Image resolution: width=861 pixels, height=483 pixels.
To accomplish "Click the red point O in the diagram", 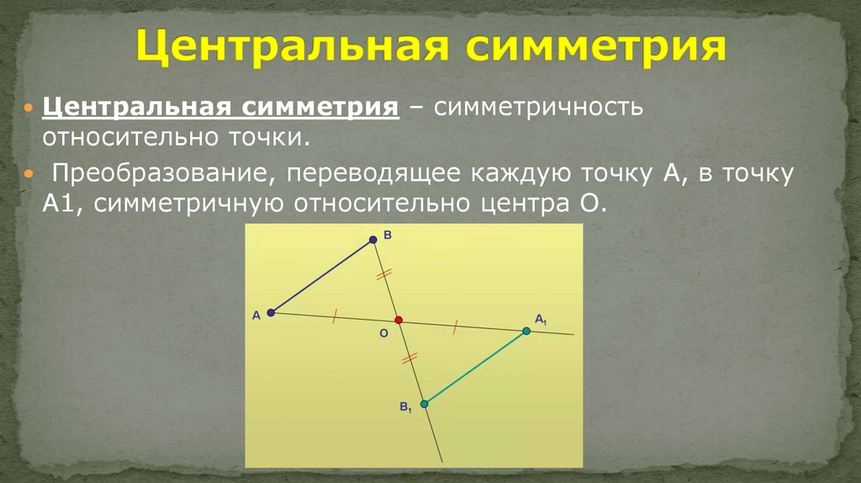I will [399, 320].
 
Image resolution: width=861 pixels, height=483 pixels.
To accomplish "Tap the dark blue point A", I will [271, 313].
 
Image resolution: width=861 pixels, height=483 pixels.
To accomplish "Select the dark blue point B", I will [373, 240].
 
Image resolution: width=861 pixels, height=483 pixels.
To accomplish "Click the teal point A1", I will [526, 332].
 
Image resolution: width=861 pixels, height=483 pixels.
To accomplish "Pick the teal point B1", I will [424, 404].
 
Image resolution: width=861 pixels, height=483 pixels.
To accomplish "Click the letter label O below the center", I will [383, 334].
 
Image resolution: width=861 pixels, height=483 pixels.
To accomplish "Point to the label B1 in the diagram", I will [405, 408].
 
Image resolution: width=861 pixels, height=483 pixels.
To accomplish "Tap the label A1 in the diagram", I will [541, 319].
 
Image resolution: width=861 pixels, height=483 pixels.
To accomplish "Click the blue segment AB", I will [322, 276].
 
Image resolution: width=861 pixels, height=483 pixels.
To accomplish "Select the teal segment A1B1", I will [475, 368].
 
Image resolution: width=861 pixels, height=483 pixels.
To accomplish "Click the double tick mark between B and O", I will [384, 274].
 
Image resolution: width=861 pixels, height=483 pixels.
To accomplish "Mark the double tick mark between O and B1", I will [409, 359].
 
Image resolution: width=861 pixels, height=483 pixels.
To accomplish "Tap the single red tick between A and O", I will [335, 316].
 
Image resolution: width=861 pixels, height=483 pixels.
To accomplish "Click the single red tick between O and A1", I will [455, 326].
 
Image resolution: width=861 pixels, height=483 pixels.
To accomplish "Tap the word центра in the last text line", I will [525, 204].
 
